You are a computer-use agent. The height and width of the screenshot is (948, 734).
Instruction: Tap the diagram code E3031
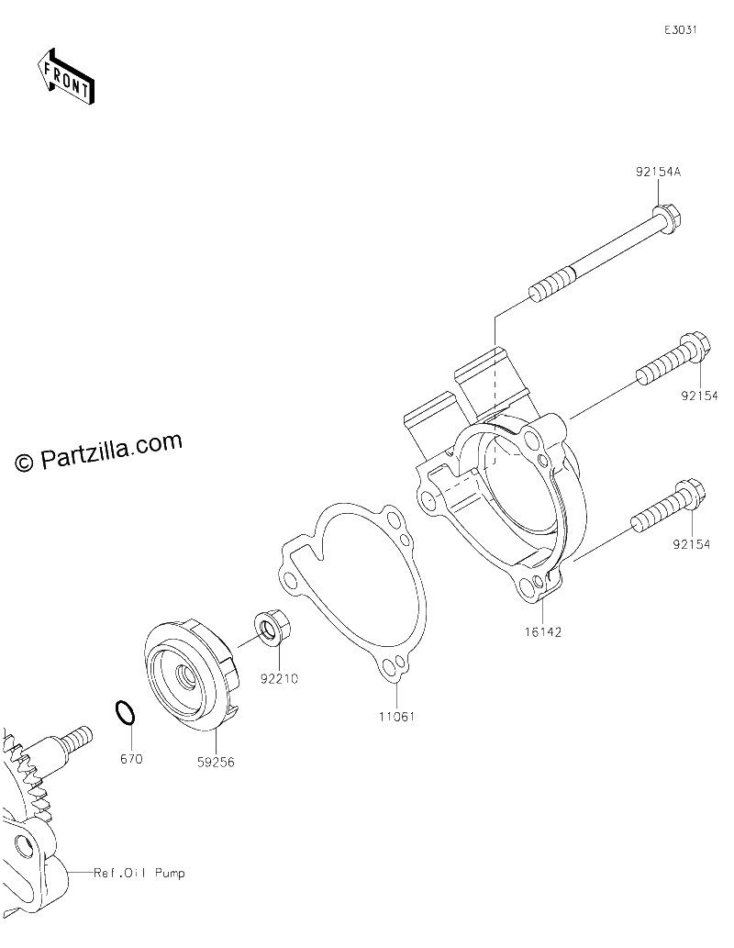(681, 30)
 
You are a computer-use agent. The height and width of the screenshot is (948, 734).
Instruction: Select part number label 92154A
(658, 172)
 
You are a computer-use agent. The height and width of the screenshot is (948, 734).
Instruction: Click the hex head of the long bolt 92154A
(668, 218)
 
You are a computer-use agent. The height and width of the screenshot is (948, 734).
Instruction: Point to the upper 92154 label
(699, 396)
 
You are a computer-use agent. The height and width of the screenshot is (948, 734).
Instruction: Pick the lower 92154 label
(692, 545)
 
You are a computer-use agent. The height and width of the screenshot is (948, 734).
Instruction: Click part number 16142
(543, 631)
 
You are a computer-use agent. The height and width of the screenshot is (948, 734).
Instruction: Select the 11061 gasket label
(396, 717)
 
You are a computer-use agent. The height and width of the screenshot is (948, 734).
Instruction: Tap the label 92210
(279, 678)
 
